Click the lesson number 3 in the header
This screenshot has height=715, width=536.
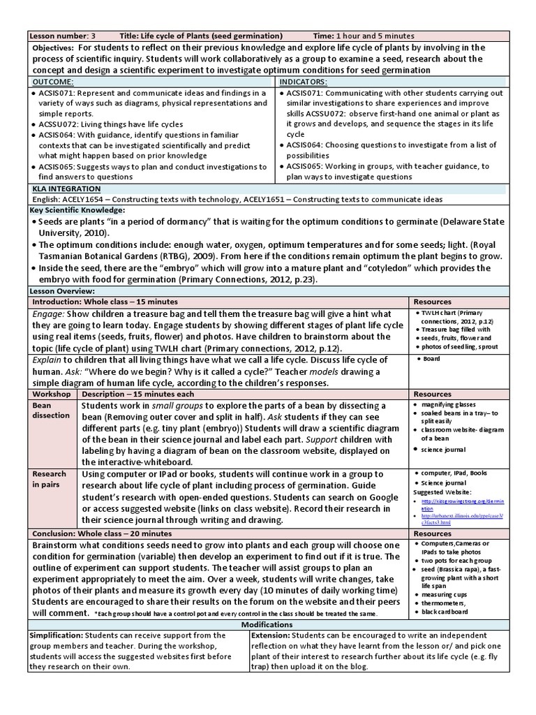(x=93, y=36)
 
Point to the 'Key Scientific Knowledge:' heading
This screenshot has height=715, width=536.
(x=77, y=210)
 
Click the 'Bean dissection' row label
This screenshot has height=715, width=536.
(x=51, y=410)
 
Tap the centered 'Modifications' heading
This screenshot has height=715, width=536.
(x=267, y=624)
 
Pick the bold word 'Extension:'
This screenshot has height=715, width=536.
(x=271, y=635)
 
